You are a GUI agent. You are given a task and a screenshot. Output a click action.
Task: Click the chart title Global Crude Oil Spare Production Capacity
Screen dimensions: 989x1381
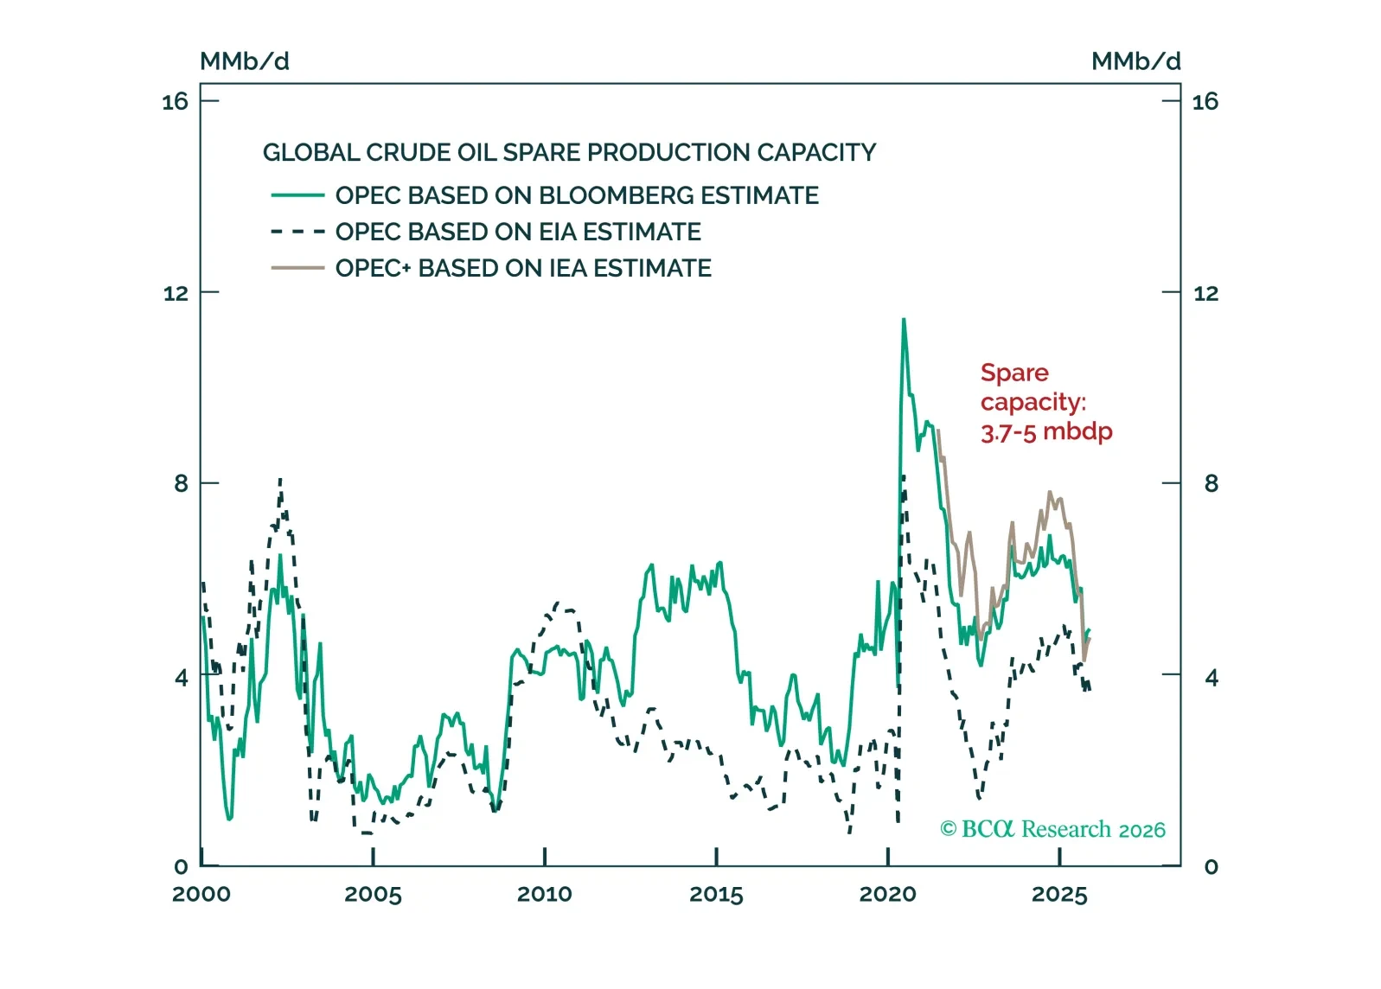569,153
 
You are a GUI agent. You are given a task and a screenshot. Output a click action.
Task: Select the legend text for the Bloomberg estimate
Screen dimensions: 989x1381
577,196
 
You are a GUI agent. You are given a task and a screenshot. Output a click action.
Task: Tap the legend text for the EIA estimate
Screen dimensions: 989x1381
518,233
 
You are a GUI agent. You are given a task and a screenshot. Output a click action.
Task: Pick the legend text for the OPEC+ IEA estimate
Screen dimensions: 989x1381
523,269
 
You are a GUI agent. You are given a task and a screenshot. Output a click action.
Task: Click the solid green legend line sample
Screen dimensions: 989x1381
297,196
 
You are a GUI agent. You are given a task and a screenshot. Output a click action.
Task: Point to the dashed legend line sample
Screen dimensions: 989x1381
297,233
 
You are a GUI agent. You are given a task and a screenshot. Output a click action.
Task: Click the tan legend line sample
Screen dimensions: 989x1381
297,269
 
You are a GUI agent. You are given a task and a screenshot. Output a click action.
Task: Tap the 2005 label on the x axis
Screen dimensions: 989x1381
373,895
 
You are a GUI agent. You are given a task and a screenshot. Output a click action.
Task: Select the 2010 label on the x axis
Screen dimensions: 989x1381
545,895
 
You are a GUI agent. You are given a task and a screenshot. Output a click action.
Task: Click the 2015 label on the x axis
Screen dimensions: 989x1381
716,895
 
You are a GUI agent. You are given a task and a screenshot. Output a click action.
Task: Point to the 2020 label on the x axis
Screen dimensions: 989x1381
888,895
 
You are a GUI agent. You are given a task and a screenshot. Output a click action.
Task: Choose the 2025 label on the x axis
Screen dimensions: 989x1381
1059,895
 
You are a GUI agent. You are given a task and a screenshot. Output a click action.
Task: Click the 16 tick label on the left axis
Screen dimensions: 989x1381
175,102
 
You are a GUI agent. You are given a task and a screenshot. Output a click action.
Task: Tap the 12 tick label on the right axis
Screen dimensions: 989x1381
1205,293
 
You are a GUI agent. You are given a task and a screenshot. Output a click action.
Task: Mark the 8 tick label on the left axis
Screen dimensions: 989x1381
181,483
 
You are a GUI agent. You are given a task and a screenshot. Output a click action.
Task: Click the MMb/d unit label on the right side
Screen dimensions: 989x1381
1135,61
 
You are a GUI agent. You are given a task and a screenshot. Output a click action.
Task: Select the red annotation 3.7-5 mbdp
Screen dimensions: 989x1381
1046,431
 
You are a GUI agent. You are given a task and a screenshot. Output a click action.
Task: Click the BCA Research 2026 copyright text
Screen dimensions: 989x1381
1052,830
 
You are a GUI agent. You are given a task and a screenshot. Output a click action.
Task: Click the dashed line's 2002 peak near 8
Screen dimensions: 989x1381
280,479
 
